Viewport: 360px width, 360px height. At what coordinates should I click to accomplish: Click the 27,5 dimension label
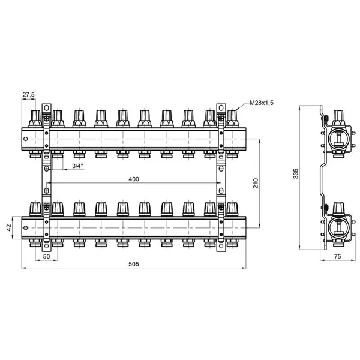pyautogui.click(x=28, y=95)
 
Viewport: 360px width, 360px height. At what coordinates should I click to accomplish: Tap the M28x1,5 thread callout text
pyautogui.click(x=262, y=103)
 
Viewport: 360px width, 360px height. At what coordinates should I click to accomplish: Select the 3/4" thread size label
pyautogui.click(x=78, y=166)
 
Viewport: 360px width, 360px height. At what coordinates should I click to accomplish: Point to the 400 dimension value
pyautogui.click(x=134, y=179)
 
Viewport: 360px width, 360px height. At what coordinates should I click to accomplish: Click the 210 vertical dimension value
pyautogui.click(x=256, y=183)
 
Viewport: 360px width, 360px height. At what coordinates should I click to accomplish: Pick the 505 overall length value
pyautogui.click(x=134, y=264)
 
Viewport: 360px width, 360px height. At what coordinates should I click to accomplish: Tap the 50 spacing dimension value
pyautogui.click(x=46, y=256)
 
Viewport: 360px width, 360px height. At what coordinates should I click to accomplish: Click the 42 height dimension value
pyautogui.click(x=9, y=227)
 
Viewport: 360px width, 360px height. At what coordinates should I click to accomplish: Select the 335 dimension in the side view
pyautogui.click(x=296, y=173)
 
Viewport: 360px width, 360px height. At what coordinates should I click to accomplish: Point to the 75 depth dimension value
pyautogui.click(x=337, y=256)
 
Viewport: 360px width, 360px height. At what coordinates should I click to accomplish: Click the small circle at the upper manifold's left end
pyautogui.click(x=25, y=139)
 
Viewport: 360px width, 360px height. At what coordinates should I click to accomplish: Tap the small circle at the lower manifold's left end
pyautogui.click(x=25, y=227)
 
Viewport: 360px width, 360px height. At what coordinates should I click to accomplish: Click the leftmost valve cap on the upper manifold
pyautogui.click(x=35, y=118)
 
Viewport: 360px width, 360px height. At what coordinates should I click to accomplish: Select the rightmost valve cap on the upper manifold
pyautogui.click(x=232, y=118)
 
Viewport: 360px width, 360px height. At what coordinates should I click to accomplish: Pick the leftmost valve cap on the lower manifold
pyautogui.click(x=35, y=209)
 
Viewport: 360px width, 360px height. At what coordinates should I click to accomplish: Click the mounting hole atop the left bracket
pyautogui.click(x=47, y=107)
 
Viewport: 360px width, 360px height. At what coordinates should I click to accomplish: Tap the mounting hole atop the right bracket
pyautogui.click(x=221, y=107)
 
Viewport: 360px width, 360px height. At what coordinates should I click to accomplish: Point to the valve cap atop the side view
pyautogui.click(x=338, y=118)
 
